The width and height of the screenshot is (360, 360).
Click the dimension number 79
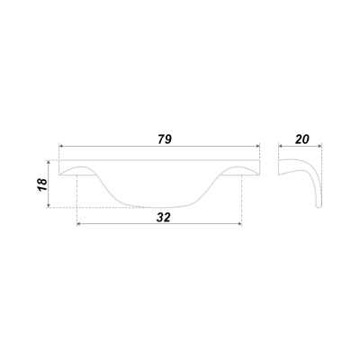pyautogui.click(x=165, y=139)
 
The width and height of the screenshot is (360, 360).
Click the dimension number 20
pyautogui.click(x=302, y=139)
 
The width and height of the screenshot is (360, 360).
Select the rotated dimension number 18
pyautogui.click(x=42, y=184)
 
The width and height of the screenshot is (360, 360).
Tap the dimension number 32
pyautogui.click(x=163, y=217)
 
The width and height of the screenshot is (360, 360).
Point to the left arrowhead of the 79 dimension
pyautogui.click(x=60, y=146)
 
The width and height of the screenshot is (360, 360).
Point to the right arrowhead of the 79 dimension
pyautogui.click(x=257, y=146)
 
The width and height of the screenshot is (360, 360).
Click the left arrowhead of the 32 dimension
pyautogui.click(x=79, y=224)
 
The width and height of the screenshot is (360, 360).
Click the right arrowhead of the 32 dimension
pyautogui.click(x=239, y=224)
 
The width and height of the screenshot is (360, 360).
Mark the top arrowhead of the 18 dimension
pyautogui.click(x=48, y=162)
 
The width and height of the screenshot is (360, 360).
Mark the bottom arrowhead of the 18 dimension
pyautogui.click(x=48, y=205)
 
